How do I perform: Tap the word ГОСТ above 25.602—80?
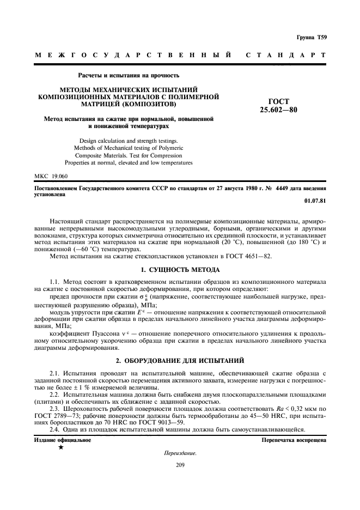[278, 101]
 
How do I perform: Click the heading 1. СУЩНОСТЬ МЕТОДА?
[180, 270]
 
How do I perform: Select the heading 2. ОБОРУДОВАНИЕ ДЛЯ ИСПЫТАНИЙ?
[180, 361]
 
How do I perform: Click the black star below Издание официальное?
[60, 448]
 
